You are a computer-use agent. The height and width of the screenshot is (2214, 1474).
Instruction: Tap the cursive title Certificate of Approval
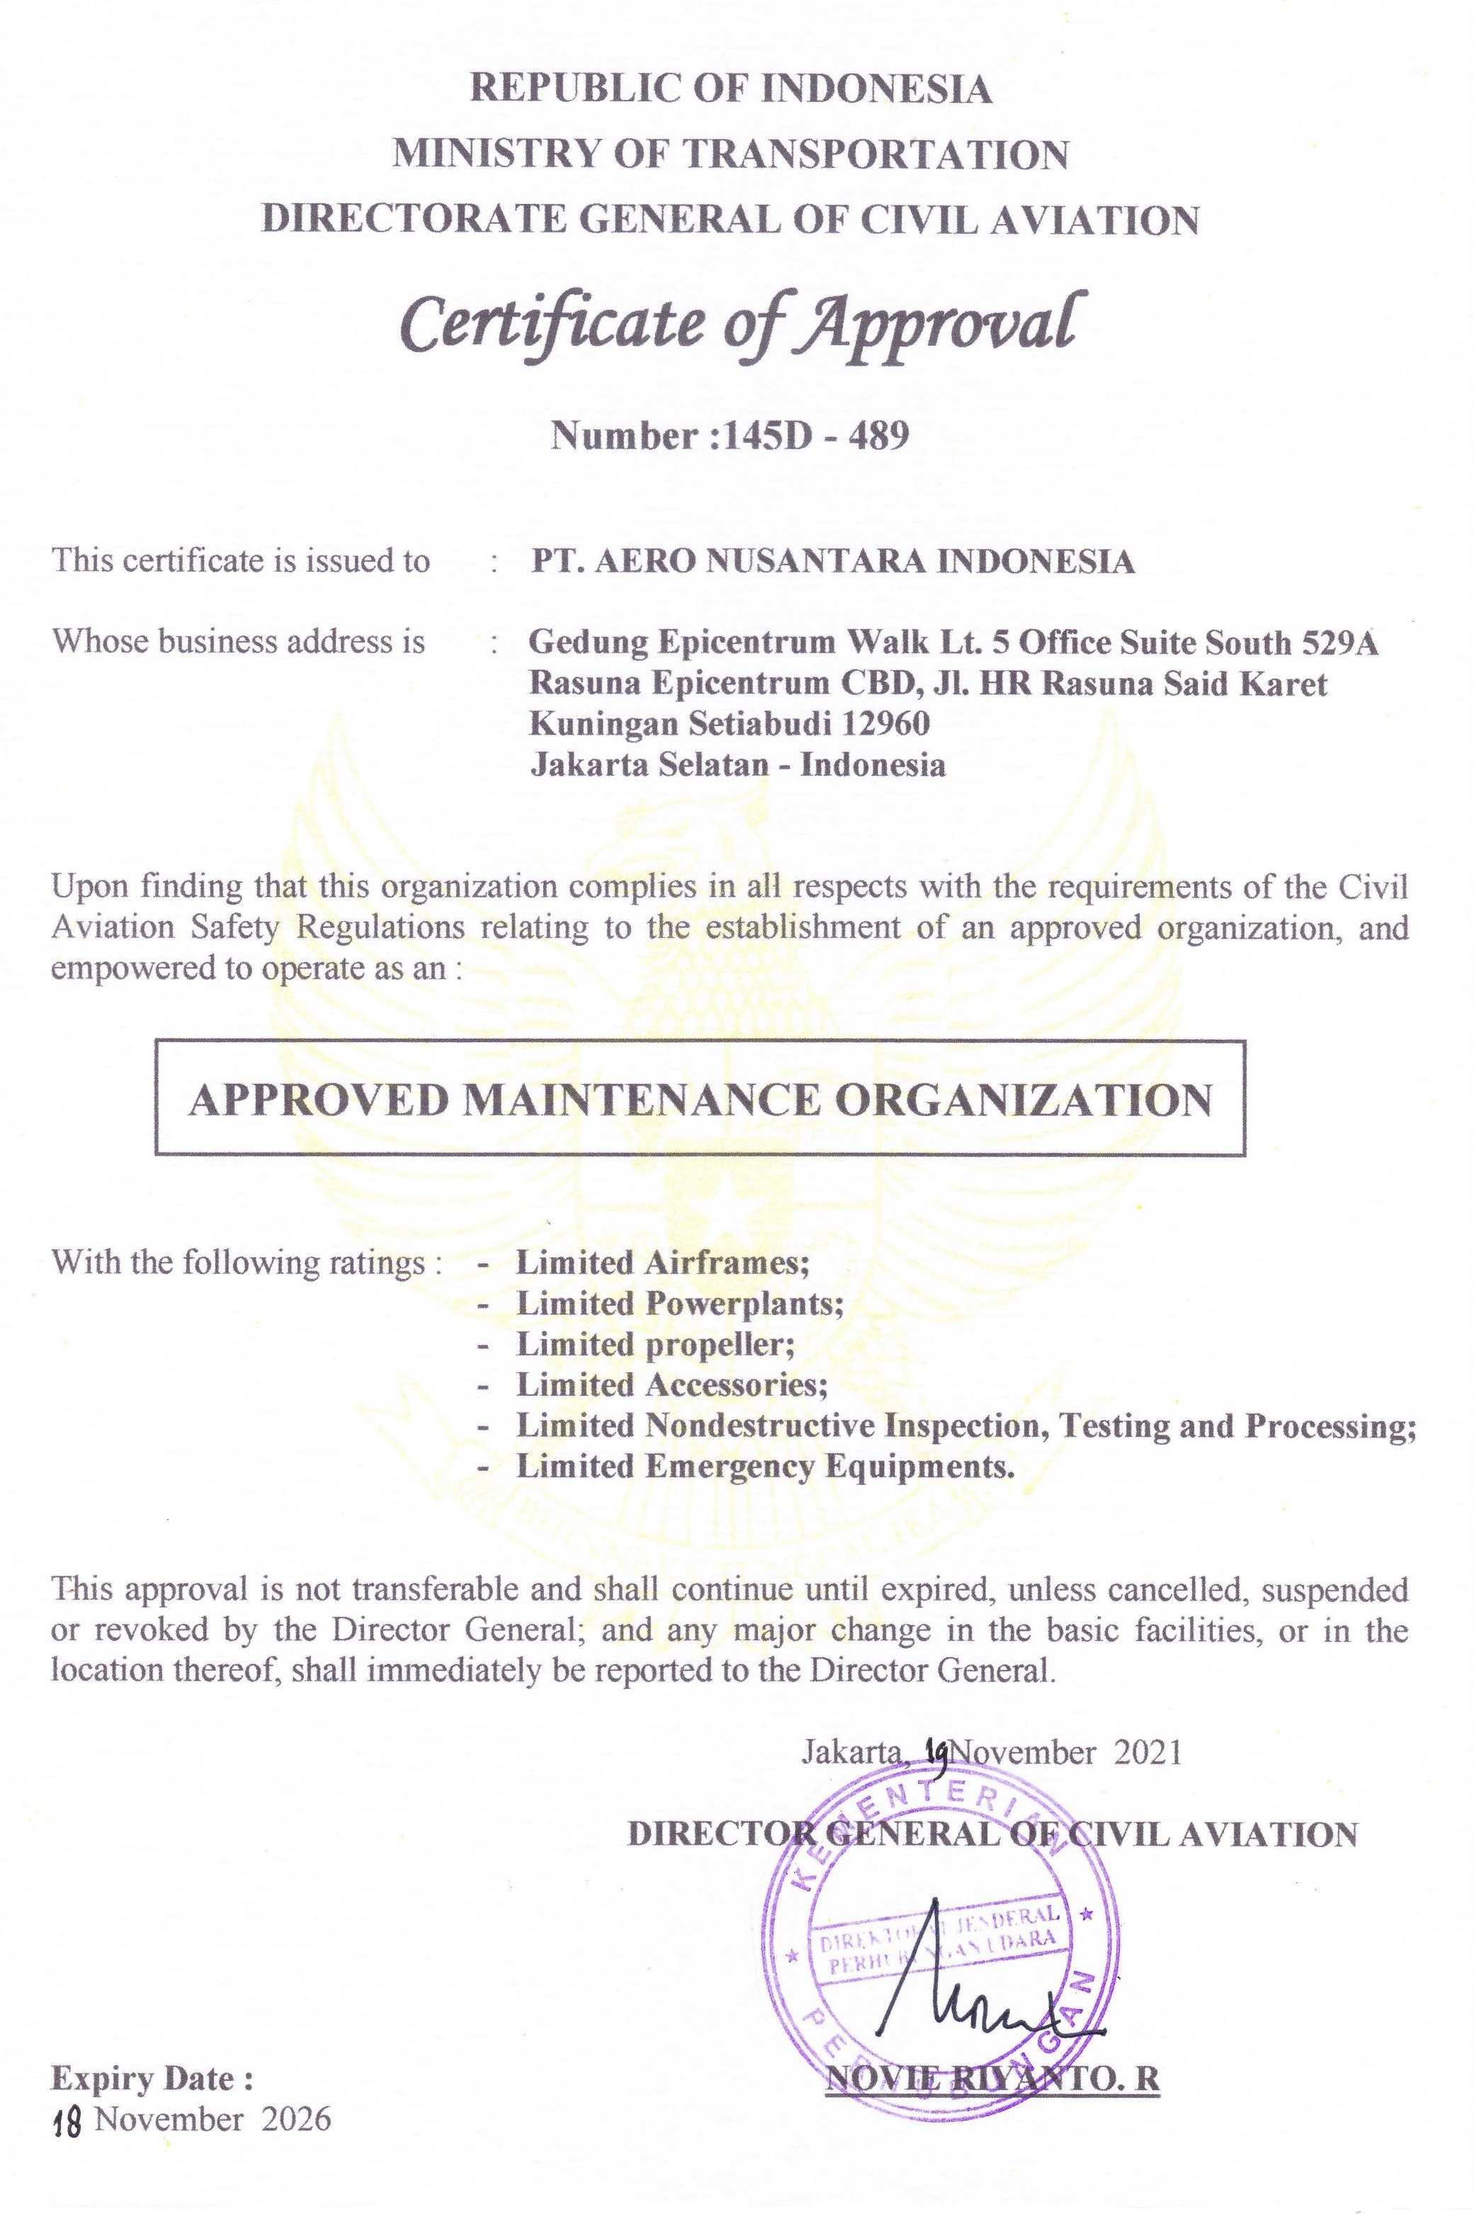tap(736, 324)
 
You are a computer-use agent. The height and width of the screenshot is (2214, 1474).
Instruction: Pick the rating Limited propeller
tap(654, 1345)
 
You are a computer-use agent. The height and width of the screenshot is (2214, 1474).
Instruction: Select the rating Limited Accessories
tap(671, 1385)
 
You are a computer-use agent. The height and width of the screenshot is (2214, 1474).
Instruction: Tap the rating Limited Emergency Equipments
tap(765, 1467)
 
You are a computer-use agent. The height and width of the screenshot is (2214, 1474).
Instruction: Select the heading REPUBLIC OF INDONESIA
tap(730, 89)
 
